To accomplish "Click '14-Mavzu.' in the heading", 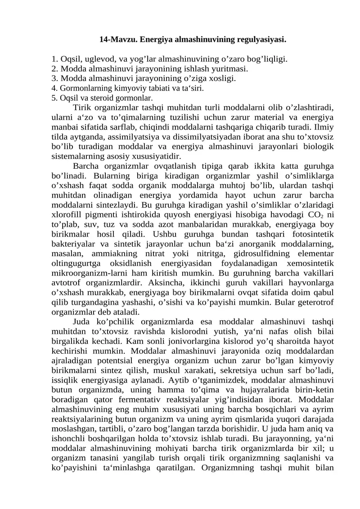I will point(117,40).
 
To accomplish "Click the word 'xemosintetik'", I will point(310,263).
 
